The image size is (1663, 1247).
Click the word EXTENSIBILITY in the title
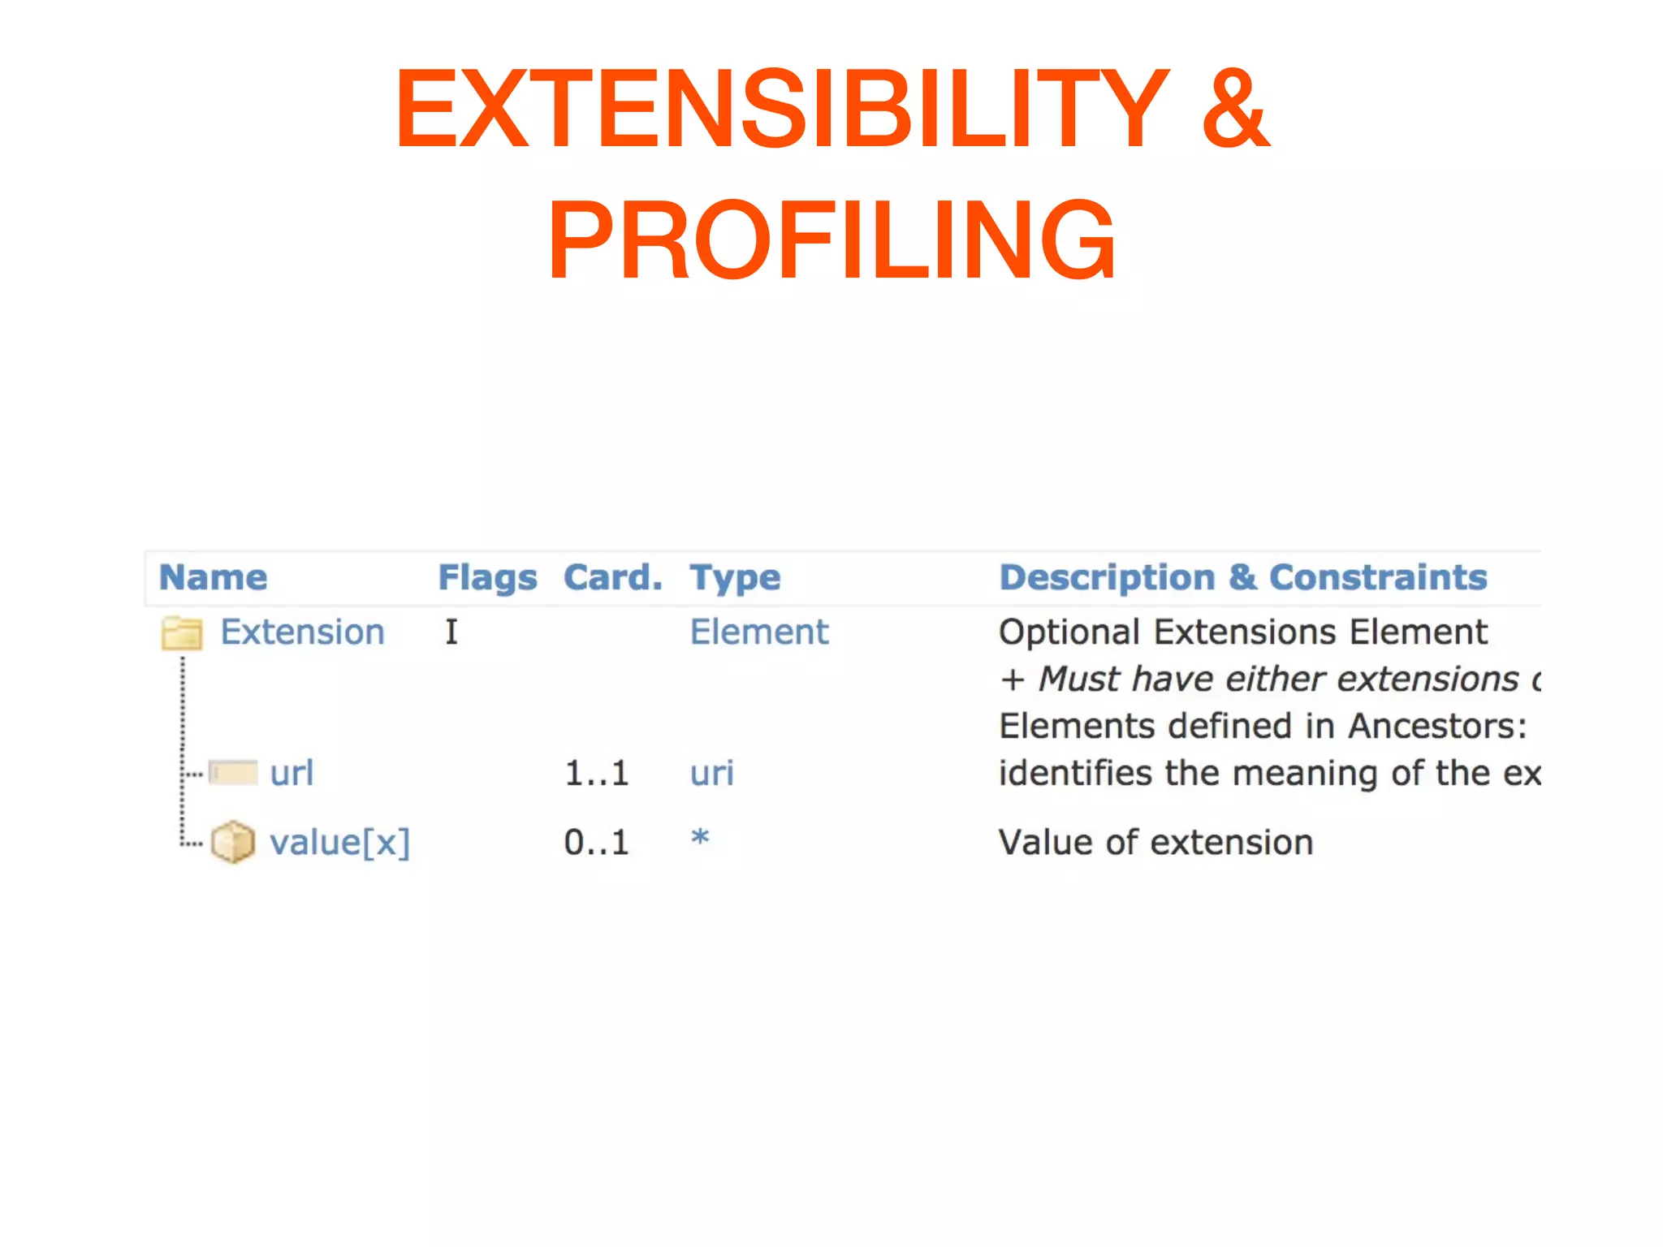(x=781, y=109)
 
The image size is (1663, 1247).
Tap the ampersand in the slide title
(x=1234, y=109)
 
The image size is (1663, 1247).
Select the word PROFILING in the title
(x=831, y=240)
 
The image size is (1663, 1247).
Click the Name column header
(x=213, y=577)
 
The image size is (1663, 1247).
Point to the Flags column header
(x=487, y=578)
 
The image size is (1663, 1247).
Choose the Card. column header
(x=613, y=577)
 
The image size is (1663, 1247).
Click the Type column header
(x=735, y=578)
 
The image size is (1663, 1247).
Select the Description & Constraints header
(x=1242, y=577)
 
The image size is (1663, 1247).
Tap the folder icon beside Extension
(x=182, y=633)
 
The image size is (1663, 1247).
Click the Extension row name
(x=302, y=632)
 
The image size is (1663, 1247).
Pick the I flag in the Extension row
(x=451, y=632)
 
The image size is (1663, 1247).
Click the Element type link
(x=759, y=632)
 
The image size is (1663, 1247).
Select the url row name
(x=292, y=773)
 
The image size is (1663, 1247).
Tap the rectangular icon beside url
(x=233, y=772)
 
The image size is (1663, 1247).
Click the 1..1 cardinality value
(x=597, y=773)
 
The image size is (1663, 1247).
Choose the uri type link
(x=712, y=773)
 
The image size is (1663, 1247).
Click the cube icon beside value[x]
(x=233, y=842)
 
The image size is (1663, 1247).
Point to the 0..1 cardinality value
(x=597, y=843)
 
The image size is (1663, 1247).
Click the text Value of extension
(x=1155, y=843)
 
